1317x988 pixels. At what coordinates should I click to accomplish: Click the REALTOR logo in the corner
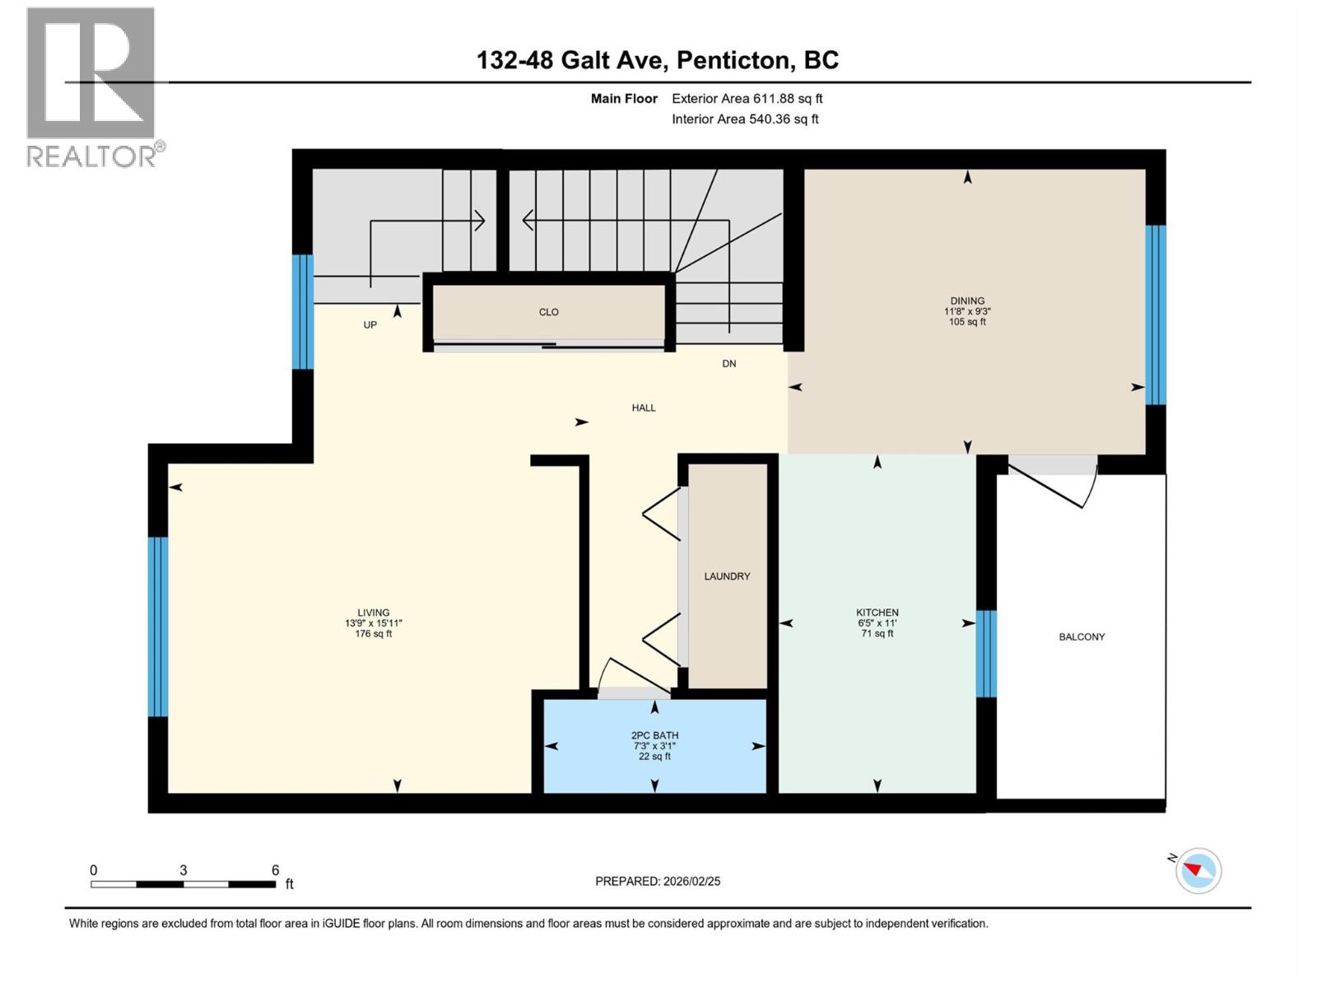point(91,86)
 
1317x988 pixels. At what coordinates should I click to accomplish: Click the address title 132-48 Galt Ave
point(658,60)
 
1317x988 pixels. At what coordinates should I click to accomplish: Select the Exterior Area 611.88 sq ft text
point(747,99)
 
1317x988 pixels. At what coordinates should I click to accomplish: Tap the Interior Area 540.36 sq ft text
point(744,119)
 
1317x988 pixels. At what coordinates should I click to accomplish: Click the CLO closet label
point(549,312)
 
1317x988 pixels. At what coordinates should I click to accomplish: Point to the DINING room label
point(967,301)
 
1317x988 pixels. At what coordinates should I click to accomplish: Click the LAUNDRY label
point(727,576)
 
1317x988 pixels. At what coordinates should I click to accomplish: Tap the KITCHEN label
point(877,613)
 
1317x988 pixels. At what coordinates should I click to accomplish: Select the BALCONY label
point(1082,637)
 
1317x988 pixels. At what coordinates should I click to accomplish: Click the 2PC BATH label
point(654,736)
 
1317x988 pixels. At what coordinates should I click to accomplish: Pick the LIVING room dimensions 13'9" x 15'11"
point(373,623)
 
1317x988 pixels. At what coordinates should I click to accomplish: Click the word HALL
point(644,408)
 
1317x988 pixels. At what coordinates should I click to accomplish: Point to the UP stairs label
point(370,325)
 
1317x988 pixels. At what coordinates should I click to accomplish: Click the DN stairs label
point(729,364)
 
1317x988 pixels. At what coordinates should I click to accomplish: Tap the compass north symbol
point(1198,870)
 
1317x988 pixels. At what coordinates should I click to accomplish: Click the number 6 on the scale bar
point(276,870)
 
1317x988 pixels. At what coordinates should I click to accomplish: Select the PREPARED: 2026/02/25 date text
point(658,881)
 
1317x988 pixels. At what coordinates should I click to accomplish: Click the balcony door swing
point(1054,486)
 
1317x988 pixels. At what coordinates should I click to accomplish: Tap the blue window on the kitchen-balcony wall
point(986,654)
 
